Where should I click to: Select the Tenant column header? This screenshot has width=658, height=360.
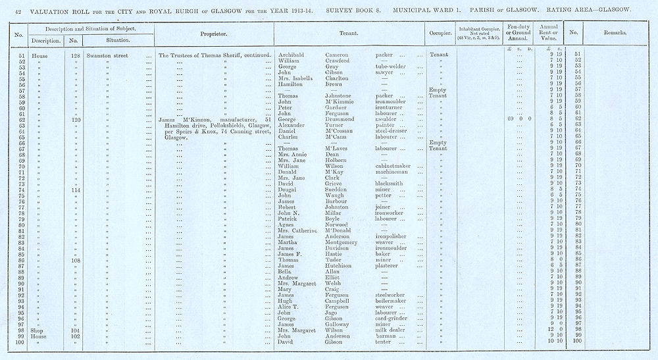[x=349, y=32]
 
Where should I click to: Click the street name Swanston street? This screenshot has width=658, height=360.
[x=109, y=55]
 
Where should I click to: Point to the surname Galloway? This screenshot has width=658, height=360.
[x=340, y=324]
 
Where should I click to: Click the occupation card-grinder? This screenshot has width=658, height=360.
[x=393, y=319]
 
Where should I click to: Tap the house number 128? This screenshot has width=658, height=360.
[x=75, y=55]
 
